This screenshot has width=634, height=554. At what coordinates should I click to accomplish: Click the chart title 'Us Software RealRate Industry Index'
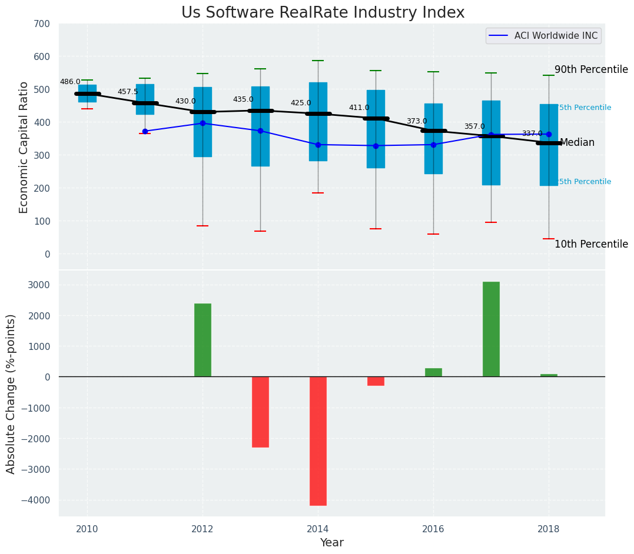(323, 13)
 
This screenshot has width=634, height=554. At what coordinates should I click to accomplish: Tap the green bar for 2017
(491, 329)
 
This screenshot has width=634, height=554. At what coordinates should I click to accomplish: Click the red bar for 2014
(318, 441)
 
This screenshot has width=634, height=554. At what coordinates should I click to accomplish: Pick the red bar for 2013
(260, 412)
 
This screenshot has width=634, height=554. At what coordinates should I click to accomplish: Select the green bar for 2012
(203, 340)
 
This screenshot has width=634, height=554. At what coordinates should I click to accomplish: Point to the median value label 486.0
(70, 82)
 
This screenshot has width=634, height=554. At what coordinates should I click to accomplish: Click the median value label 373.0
(417, 121)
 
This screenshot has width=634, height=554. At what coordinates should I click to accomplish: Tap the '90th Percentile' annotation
(591, 69)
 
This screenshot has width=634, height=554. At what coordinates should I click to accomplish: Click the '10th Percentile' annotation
(591, 244)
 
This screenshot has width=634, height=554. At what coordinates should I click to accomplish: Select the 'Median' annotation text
(577, 143)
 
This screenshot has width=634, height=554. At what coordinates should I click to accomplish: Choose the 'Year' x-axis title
(332, 543)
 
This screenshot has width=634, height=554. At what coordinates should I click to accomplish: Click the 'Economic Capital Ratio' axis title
(24, 147)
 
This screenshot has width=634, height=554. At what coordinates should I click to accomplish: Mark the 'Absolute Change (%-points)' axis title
(11, 393)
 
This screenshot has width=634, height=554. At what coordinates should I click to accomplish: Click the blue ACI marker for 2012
(203, 124)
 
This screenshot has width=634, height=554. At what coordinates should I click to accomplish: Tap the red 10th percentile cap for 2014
(318, 193)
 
